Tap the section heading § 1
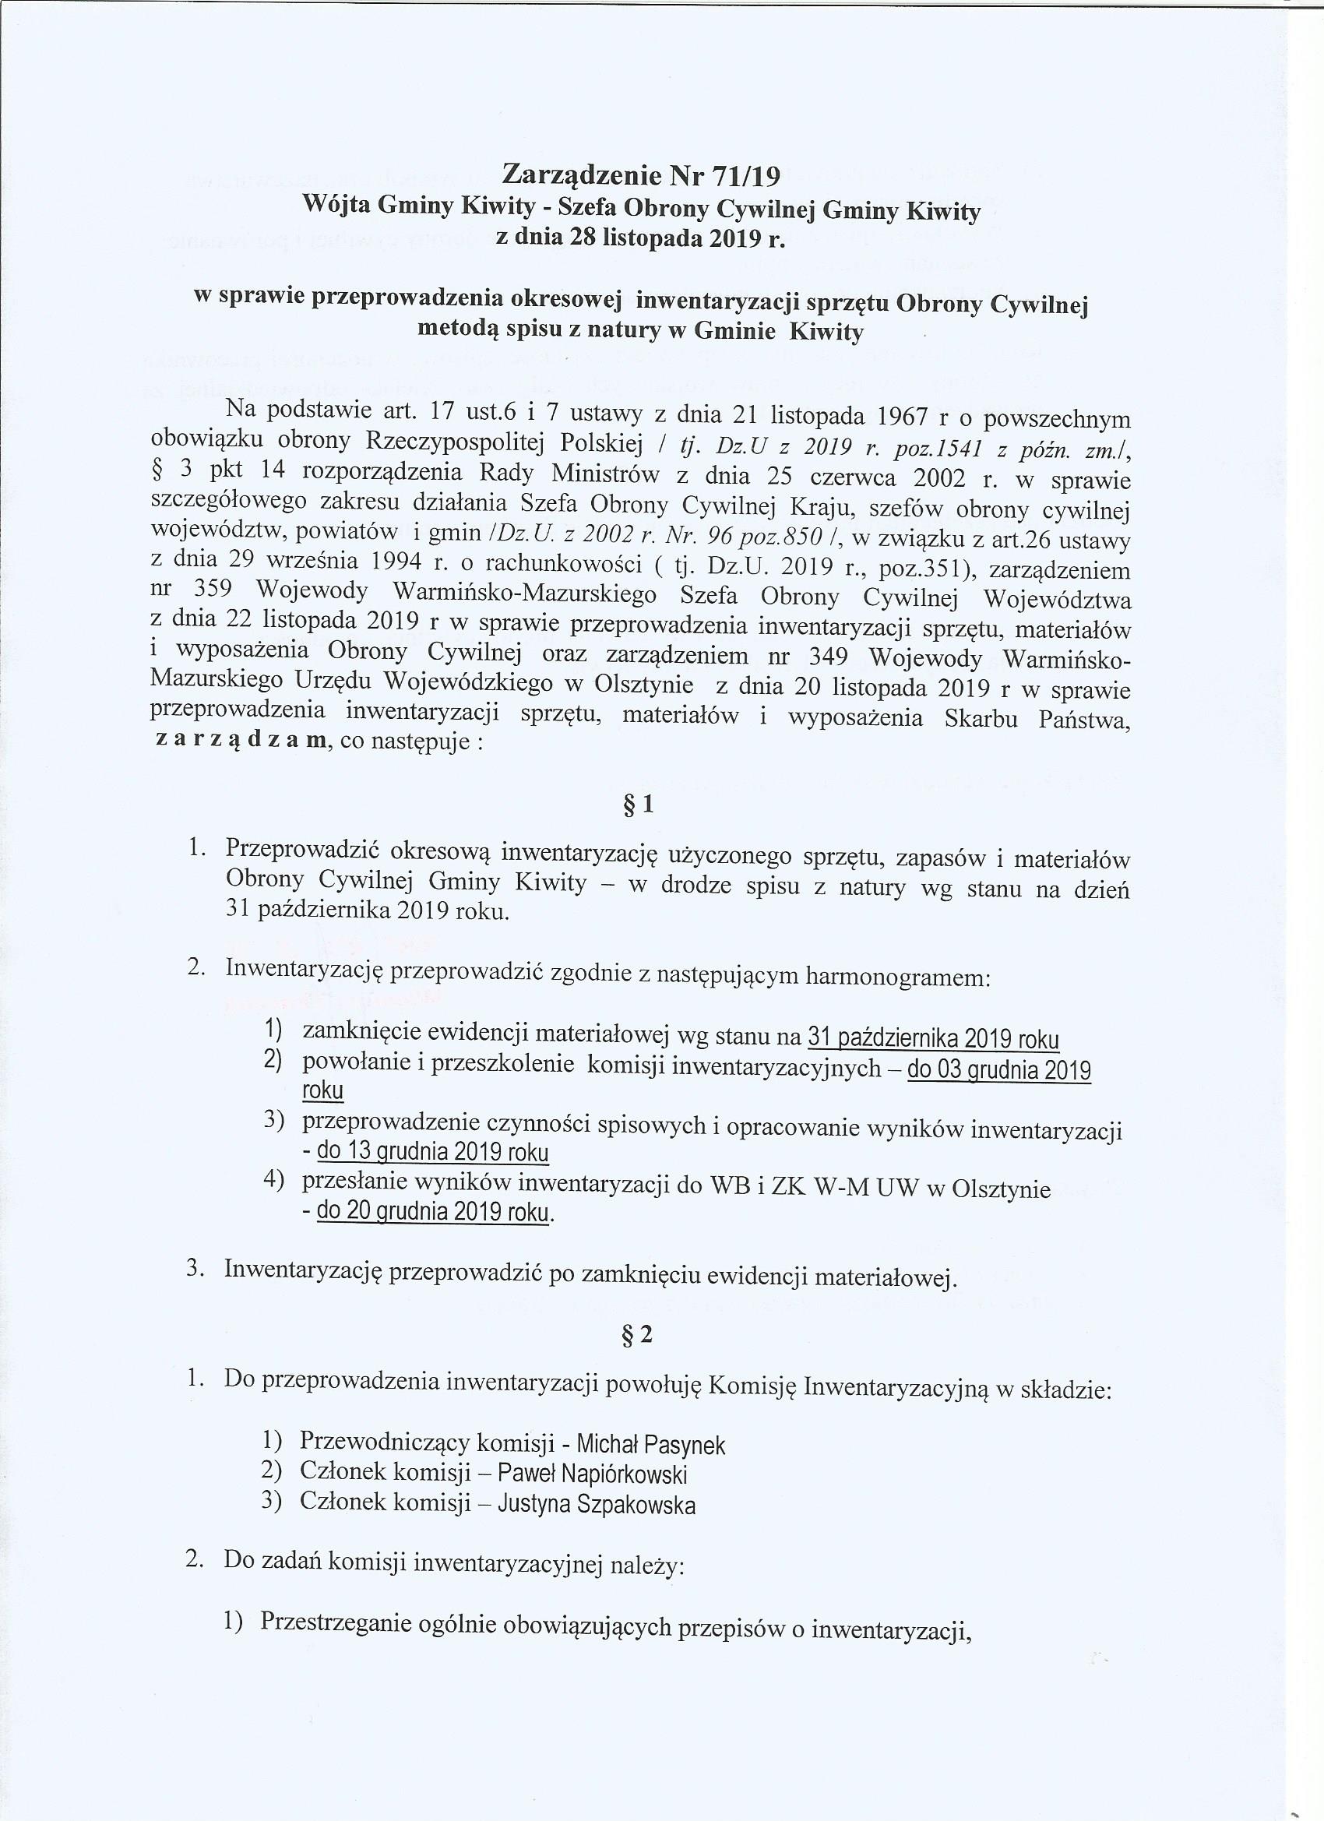pos(639,805)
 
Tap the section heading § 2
pos(639,1335)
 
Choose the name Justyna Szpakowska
pos(596,1504)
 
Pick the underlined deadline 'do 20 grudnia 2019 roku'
pos(434,1212)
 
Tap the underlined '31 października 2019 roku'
pos(933,1039)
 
